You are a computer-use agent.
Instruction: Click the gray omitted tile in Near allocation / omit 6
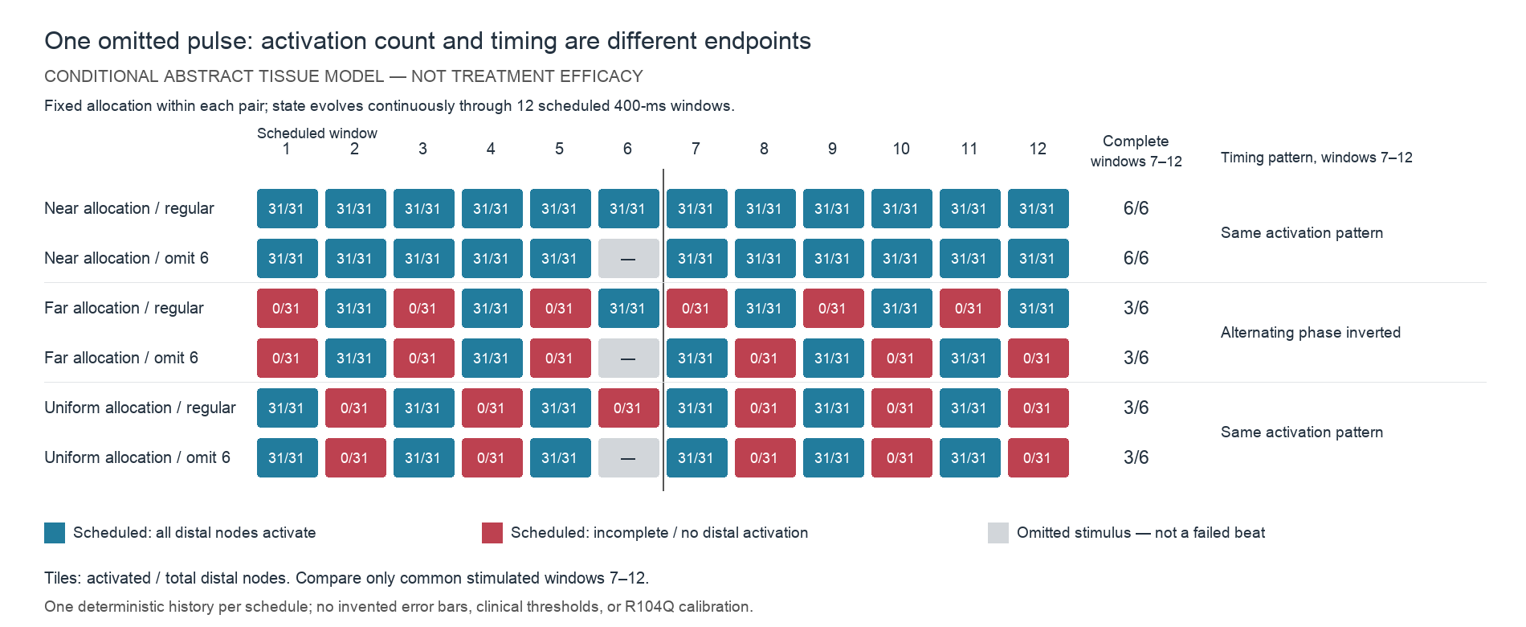click(x=629, y=258)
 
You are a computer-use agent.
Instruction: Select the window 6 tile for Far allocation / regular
click(x=629, y=308)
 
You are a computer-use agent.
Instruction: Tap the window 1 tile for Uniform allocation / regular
click(x=288, y=408)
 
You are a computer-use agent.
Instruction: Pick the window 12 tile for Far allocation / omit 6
click(x=1038, y=358)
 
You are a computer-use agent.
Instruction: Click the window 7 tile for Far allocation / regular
click(x=697, y=308)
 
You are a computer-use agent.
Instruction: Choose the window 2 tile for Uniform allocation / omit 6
click(x=356, y=457)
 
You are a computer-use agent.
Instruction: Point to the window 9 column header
click(x=833, y=149)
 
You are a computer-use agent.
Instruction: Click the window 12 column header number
click(x=1038, y=149)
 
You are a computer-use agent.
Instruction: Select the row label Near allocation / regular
click(x=129, y=208)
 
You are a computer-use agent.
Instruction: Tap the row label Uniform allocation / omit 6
click(x=137, y=457)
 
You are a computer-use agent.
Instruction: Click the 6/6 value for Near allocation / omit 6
click(x=1136, y=258)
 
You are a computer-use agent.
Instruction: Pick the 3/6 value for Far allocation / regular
click(x=1136, y=308)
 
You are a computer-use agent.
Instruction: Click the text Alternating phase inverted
click(x=1311, y=333)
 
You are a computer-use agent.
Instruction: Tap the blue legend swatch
click(x=55, y=533)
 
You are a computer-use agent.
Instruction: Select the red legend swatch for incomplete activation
click(x=492, y=533)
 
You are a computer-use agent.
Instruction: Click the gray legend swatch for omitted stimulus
click(x=998, y=533)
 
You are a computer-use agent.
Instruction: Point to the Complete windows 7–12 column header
click(x=1136, y=151)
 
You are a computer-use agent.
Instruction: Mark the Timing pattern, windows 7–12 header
click(x=1316, y=158)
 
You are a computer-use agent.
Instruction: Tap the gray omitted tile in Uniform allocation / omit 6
click(x=629, y=457)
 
